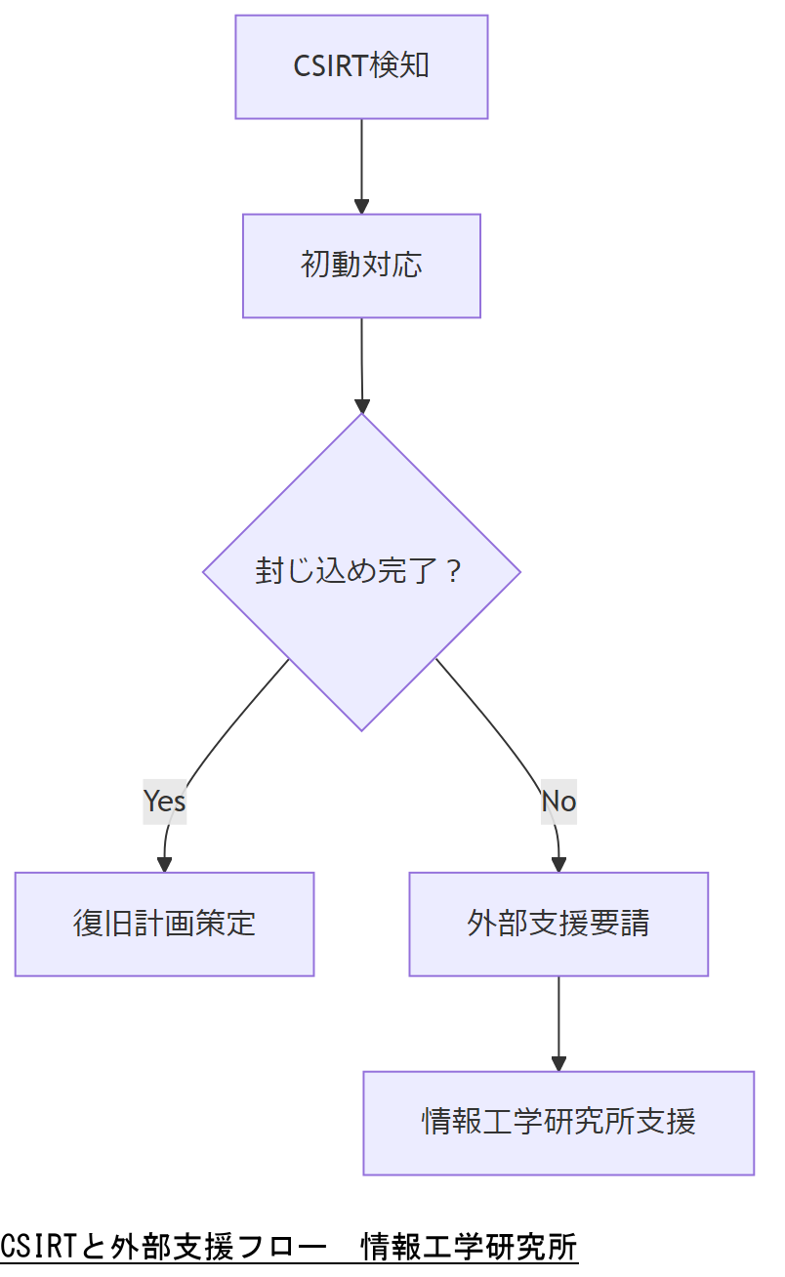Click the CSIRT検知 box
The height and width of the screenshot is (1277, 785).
pyautogui.click(x=361, y=66)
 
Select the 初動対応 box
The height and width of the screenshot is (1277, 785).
pyautogui.click(x=361, y=266)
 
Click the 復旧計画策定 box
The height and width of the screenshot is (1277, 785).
pyautogui.click(x=164, y=924)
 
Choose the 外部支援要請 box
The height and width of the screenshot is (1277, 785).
pyautogui.click(x=558, y=924)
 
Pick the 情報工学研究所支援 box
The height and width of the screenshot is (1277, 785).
pyautogui.click(x=558, y=1123)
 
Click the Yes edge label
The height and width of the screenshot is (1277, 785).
pyautogui.click(x=164, y=801)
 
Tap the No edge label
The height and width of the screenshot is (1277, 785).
pyautogui.click(x=558, y=801)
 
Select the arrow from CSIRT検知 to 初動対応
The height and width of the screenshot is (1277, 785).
pyautogui.click(x=361, y=161)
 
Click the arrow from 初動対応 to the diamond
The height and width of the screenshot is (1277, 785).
pyautogui.click(x=361, y=361)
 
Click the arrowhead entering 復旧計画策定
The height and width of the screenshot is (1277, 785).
pyautogui.click(x=164, y=864)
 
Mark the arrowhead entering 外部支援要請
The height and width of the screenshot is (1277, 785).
pyautogui.click(x=558, y=864)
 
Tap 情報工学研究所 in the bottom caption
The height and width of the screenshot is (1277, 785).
pyautogui.click(x=470, y=1247)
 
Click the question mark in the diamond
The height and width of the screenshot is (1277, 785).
pyautogui.click(x=451, y=571)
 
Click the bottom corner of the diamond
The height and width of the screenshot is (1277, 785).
pyautogui.click(x=361, y=728)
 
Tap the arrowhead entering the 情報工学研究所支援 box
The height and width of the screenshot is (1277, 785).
pyautogui.click(x=558, y=1063)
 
